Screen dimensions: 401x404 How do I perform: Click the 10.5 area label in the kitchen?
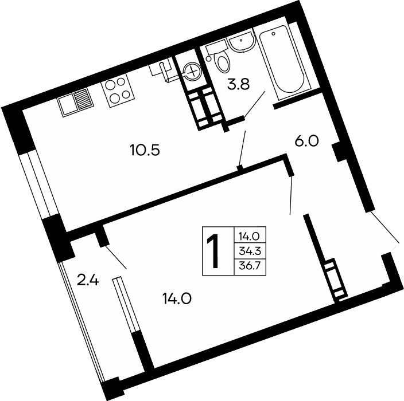point(144,151)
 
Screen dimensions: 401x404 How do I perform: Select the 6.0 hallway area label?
point(306,141)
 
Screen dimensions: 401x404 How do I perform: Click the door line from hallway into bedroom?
point(291,195)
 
